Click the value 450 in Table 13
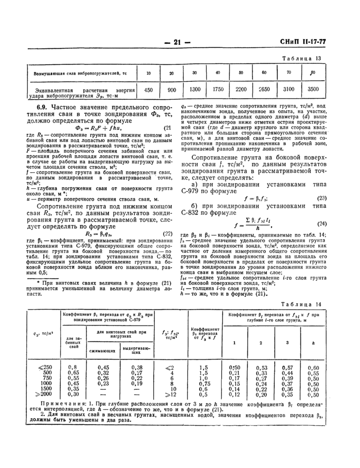pos(148,89)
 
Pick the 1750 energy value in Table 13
pos(218,89)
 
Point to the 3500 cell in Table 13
pos(312,89)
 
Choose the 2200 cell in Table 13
pos(241,89)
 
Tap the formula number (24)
pos(322,209)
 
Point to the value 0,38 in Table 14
pos(136,367)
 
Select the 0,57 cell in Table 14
pos(300,367)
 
